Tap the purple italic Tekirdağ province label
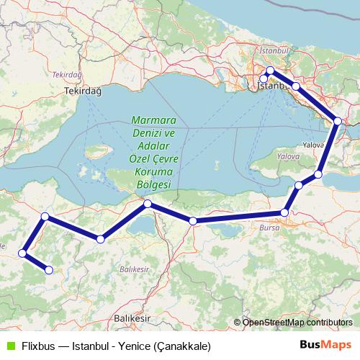65,74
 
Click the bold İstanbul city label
272,86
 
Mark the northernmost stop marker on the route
270,71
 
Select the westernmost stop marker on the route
23,253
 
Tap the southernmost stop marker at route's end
49,270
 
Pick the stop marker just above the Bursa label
285,212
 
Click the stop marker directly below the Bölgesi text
148,204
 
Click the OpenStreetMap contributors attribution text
297,323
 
